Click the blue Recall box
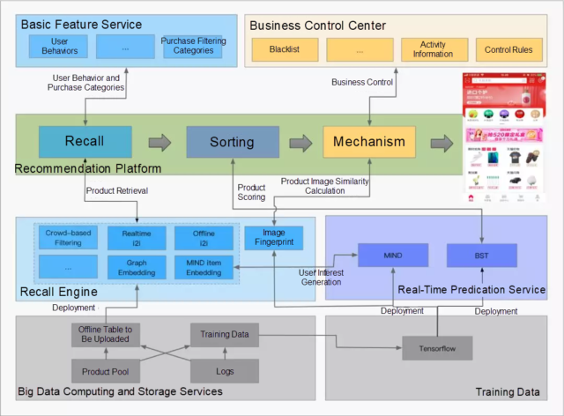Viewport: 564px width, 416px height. pyautogui.click(x=85, y=141)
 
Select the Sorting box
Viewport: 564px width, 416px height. pyautogui.click(x=232, y=141)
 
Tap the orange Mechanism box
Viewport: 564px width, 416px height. pyautogui.click(x=369, y=141)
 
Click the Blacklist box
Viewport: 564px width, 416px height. pyautogui.click(x=280, y=48)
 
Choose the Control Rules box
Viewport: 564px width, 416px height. pyautogui.click(x=508, y=48)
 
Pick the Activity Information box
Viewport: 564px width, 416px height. pyautogui.click(x=433, y=48)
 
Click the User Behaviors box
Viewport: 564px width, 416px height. pyautogui.click(x=61, y=47)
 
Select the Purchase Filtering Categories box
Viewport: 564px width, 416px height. pyautogui.click(x=193, y=47)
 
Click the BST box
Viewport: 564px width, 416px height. pyautogui.click(x=481, y=256)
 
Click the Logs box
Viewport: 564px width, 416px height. pyautogui.click(x=225, y=371)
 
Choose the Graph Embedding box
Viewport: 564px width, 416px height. pyautogui.click(x=137, y=266)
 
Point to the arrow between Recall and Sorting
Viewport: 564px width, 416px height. pyautogui.click(x=160, y=142)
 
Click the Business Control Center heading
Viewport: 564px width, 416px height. pyautogui.click(x=318, y=24)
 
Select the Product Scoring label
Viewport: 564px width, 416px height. pyautogui.click(x=251, y=193)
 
